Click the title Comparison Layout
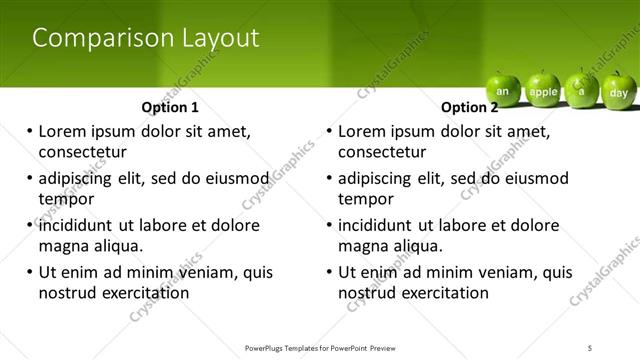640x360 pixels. pos(146,38)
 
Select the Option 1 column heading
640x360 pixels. pos(170,107)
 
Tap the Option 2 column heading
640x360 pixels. pos(469,107)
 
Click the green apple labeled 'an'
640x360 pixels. pos(503,91)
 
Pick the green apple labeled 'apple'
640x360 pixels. pos(543,91)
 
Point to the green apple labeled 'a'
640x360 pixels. pos(580,90)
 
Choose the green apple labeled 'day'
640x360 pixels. pos(618,91)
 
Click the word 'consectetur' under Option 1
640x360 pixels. pos(82,152)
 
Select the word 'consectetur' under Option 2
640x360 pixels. pos(382,152)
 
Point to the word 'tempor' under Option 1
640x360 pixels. pos(66,199)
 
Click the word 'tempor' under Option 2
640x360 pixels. pos(366,199)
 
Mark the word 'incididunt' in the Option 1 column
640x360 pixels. pos(78,225)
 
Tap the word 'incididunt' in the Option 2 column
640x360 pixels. pos(378,225)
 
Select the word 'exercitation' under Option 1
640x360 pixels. pos(144,293)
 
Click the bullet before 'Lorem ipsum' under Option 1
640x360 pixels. pos(29,131)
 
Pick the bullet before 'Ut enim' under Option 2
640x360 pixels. pos(329,272)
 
